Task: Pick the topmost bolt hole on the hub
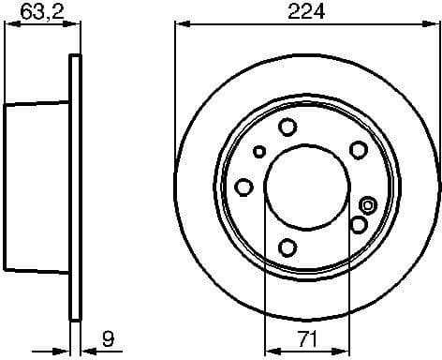[x=288, y=127]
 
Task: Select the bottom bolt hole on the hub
[x=288, y=247]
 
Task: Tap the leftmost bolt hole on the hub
[x=243, y=187]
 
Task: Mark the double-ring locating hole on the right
[x=368, y=205]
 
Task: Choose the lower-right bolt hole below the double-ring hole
[x=358, y=224]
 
